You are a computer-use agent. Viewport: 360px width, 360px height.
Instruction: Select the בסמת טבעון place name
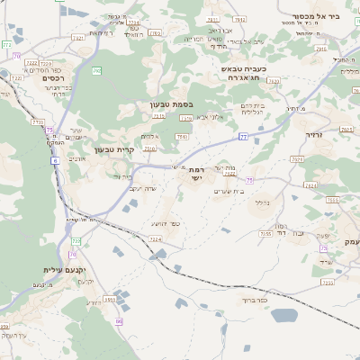click(x=171, y=105)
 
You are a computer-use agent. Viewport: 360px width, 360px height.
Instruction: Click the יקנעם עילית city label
click(x=63, y=269)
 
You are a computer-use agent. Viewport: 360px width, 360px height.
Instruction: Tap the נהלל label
click(x=262, y=202)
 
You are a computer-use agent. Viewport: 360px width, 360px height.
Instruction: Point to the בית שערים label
click(x=229, y=191)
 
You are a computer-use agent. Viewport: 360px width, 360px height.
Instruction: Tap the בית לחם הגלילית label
click(x=250, y=109)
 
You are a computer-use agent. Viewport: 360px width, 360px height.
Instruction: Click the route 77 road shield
click(x=243, y=137)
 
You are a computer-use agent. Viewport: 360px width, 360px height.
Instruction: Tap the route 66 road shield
click(x=118, y=320)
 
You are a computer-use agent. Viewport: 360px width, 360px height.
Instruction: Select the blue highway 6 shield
click(x=55, y=160)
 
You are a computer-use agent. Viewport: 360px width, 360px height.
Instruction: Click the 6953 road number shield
click(x=110, y=300)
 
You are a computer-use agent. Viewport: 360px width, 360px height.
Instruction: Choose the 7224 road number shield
click(x=156, y=240)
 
